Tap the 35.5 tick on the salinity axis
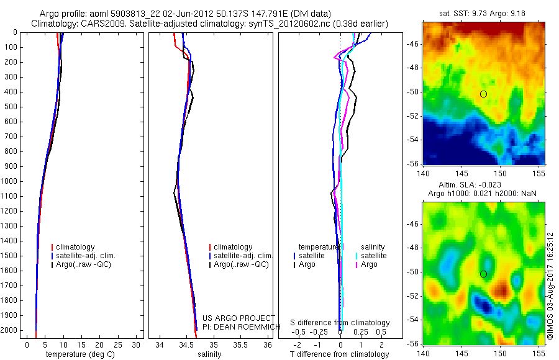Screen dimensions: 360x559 [240, 344]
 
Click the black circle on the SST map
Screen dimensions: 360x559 [483, 94]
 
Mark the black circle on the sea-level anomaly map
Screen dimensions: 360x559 [483, 274]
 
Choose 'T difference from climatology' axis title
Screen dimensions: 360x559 [339, 355]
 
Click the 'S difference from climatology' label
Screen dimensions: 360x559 [340, 323]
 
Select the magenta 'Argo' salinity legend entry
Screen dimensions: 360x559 [369, 264]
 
